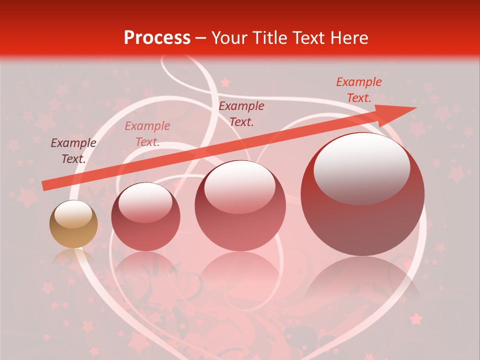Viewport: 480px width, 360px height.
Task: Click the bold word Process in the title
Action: (x=157, y=38)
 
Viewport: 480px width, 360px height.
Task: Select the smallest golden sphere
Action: (x=73, y=224)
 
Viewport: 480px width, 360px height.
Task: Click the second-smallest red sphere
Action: (x=145, y=216)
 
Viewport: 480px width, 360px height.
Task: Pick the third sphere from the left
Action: (x=240, y=205)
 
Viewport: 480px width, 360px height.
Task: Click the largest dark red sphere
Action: (x=362, y=194)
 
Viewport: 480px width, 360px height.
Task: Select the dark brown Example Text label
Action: (x=73, y=151)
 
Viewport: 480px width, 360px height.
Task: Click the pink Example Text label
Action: (x=147, y=134)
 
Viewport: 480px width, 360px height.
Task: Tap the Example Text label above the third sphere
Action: (x=241, y=113)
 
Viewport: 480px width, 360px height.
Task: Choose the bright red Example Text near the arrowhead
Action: (x=359, y=90)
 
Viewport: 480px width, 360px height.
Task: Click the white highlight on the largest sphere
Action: (x=361, y=168)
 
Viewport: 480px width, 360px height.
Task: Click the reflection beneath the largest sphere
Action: (x=362, y=280)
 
